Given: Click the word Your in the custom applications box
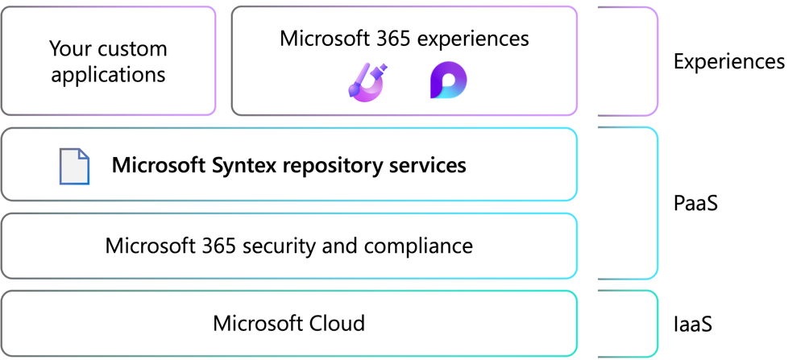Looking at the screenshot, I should [70, 48].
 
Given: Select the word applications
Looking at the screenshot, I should [108, 75].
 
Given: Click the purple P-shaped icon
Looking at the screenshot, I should [447, 81].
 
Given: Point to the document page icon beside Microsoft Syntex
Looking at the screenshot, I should [74, 166].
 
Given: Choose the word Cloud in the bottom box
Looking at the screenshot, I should [338, 324].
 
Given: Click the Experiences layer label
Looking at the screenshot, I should [728, 61].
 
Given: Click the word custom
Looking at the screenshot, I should [130, 48].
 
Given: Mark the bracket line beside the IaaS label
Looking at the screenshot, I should [657, 324].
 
